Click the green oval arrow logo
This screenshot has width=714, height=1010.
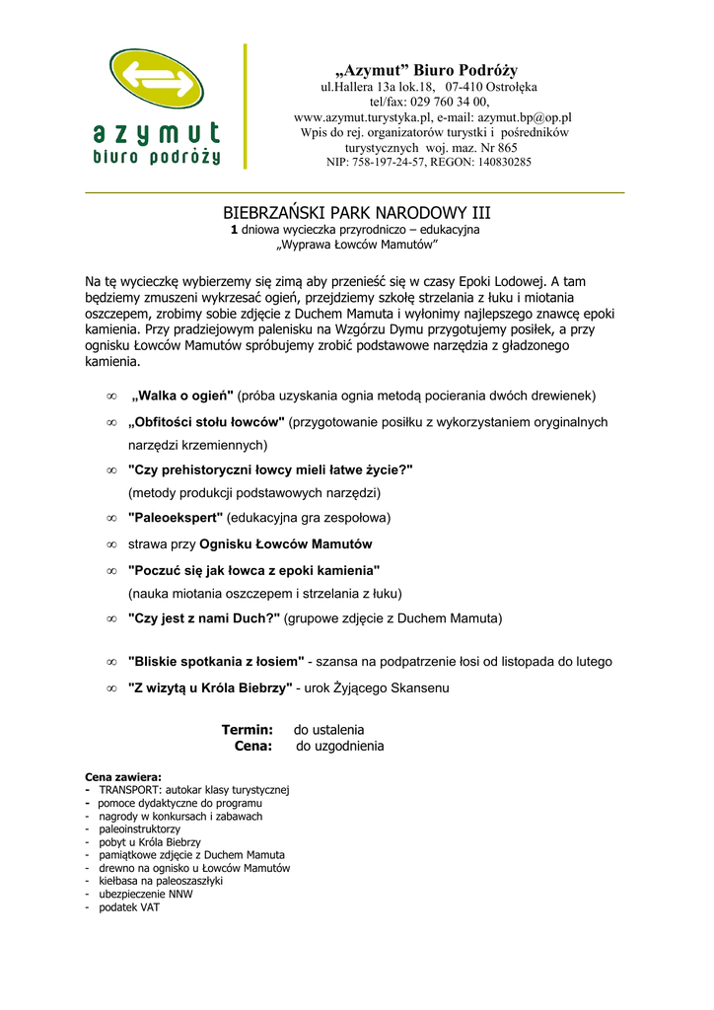pos(157,83)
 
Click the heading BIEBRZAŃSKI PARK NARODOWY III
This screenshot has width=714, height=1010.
pos(356,213)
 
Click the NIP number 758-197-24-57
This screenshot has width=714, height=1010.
pos(399,162)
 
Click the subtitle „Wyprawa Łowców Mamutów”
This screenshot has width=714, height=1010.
pos(356,244)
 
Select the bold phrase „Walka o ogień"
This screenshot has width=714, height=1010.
pos(182,396)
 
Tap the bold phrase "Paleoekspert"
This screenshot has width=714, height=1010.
pos(176,517)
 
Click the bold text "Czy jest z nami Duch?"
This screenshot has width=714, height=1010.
pos(204,618)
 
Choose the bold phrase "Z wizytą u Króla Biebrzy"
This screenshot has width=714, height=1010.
pos(210,687)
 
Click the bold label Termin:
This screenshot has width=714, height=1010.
pos(247,730)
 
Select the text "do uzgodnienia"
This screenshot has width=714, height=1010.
pos(340,747)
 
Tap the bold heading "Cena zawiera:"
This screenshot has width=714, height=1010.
pos(123,777)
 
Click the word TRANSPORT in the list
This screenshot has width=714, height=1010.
pos(129,790)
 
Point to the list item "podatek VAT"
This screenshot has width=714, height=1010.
pos(129,907)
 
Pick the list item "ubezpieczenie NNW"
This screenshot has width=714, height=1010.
pos(146,894)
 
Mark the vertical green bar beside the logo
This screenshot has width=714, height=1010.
pos(246,106)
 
